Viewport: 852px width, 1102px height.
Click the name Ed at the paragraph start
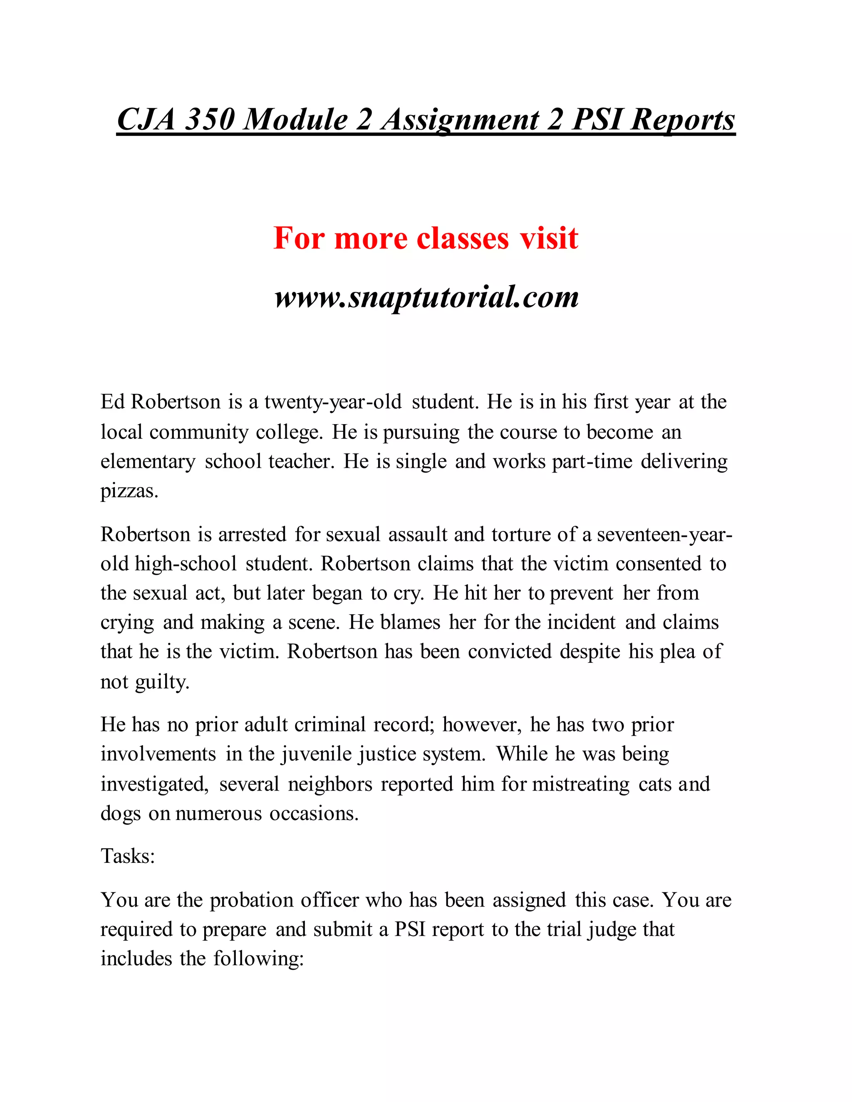pyautogui.click(x=112, y=402)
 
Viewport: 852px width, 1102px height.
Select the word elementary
pyautogui.click(x=148, y=462)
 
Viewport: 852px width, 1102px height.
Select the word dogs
pyautogui.click(x=120, y=813)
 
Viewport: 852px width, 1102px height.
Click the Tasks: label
pyautogui.click(x=128, y=856)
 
